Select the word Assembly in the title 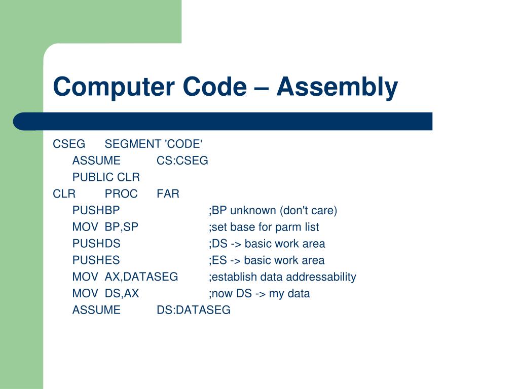point(337,87)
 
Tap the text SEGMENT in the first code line point(132,144)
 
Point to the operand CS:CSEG point(182,161)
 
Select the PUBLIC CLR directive point(106,177)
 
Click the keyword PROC point(121,194)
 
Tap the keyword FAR point(168,194)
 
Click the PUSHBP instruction point(96,211)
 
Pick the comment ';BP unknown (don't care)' point(273,211)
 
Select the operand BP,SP point(122,227)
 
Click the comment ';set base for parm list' point(264,227)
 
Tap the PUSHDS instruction point(96,244)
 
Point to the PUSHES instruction point(96,260)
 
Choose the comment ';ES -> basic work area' point(266,260)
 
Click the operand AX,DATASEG point(141,277)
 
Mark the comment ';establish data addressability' point(282,277)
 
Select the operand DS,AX point(122,294)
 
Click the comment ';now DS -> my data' point(259,294)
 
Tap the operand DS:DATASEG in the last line point(193,310)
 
